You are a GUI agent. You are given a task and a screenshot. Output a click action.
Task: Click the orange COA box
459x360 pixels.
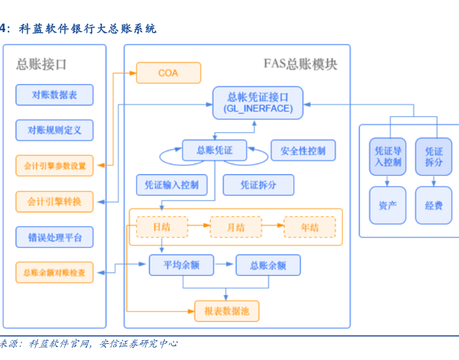tap(168, 73)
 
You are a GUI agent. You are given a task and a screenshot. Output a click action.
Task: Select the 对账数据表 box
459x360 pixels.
tap(54, 95)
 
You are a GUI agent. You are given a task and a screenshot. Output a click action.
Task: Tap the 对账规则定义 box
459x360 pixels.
tap(54, 130)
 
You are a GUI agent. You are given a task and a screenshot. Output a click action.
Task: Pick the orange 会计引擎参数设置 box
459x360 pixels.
tap(54, 165)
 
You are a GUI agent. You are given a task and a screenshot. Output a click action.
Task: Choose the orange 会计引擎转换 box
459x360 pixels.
tap(54, 202)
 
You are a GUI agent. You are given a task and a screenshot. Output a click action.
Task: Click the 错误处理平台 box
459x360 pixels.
tap(54, 237)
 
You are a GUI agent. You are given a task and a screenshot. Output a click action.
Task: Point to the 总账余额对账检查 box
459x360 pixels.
tap(54, 272)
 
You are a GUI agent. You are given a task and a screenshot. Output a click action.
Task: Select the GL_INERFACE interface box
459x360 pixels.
tap(258, 103)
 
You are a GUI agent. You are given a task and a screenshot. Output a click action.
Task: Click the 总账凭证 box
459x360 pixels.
tap(214, 150)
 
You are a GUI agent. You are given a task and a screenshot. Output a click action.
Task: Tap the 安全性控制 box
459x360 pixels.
tap(303, 150)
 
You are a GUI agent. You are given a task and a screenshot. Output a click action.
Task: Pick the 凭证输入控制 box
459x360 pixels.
tap(171, 185)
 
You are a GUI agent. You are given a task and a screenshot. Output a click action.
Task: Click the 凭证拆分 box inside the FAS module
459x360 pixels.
tap(258, 185)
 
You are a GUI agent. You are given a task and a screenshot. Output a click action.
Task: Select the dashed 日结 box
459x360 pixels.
tap(161, 227)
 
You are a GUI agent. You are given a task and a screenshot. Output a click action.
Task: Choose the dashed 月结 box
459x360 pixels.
tap(235, 227)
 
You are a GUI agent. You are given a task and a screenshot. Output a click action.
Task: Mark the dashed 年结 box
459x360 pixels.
tap(309, 227)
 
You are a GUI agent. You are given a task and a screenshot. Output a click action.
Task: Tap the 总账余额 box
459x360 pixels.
tap(267, 265)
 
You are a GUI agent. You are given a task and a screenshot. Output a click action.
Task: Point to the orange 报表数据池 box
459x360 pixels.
tap(227, 310)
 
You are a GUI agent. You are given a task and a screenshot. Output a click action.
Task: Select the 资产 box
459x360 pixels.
tap(388, 205)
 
